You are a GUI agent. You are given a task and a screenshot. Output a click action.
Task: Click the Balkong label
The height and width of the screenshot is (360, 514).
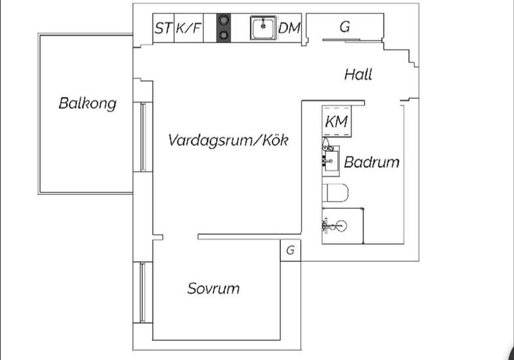pyautogui.click(x=87, y=103)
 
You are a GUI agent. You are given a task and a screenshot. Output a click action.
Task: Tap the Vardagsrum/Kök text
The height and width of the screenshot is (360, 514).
pyautogui.click(x=228, y=140)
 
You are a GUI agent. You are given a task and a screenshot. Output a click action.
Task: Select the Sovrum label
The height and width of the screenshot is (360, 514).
pyautogui.click(x=213, y=288)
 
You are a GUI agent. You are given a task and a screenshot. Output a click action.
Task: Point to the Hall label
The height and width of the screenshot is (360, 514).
pyautogui.click(x=358, y=75)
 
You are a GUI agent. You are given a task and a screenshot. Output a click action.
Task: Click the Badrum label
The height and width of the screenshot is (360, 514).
pyautogui.click(x=372, y=162)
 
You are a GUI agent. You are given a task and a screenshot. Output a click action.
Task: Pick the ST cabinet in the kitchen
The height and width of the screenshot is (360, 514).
pyautogui.click(x=163, y=28)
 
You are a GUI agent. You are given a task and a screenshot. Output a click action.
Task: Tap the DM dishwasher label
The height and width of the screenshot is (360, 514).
pyautogui.click(x=289, y=28)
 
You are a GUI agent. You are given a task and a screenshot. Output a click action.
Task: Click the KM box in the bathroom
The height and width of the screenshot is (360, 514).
pyautogui.click(x=336, y=121)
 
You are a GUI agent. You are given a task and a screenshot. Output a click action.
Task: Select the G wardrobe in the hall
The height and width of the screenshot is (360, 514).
pyautogui.click(x=344, y=27)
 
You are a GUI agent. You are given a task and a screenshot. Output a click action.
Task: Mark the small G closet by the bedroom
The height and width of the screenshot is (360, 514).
pyautogui.click(x=290, y=250)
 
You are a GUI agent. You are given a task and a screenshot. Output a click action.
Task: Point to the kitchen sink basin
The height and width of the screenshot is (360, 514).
pyautogui.click(x=263, y=27)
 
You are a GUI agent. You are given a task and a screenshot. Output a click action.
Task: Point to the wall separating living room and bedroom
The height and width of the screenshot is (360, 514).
pyautogui.click(x=249, y=236)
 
